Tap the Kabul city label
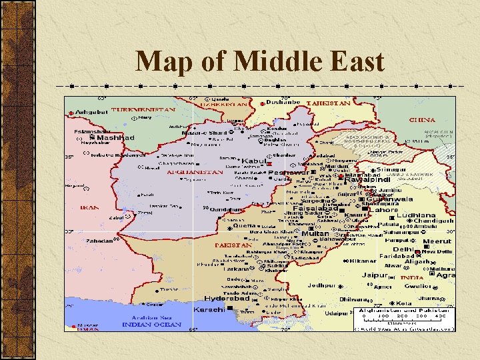(253, 161)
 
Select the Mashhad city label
(115, 138)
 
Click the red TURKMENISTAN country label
(143, 109)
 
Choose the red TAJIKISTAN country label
(328, 104)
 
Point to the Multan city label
(315, 234)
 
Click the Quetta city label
(245, 225)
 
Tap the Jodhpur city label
(322, 285)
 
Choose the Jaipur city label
(375, 275)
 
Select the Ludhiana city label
(415, 216)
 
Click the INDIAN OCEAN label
(151, 324)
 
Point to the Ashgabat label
(91, 111)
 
